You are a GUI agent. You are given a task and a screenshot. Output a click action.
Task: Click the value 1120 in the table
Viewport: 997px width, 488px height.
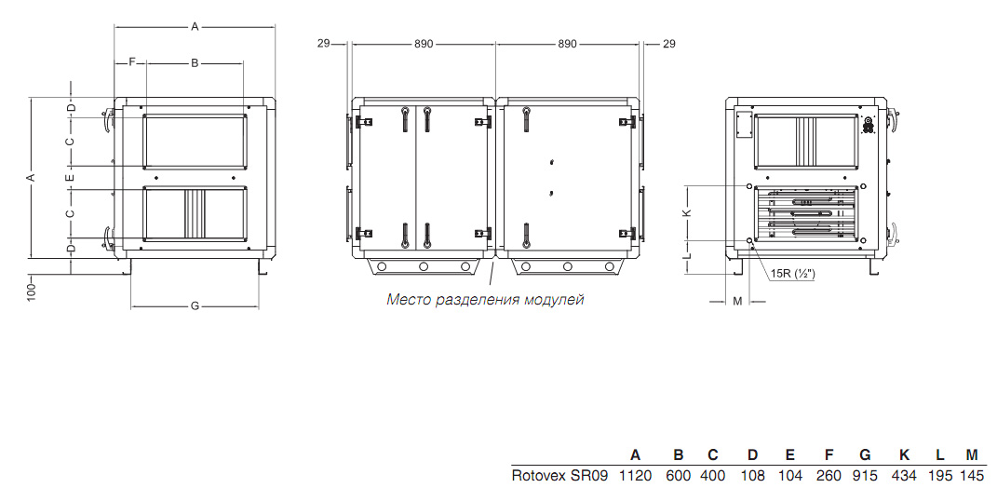pyautogui.click(x=635, y=475)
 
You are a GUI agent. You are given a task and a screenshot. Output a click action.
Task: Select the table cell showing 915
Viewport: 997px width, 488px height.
pyautogui.click(x=865, y=475)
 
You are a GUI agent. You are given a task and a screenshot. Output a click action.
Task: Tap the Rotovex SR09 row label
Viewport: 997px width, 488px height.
pyautogui.click(x=560, y=475)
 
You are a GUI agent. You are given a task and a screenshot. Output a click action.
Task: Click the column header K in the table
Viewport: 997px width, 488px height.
pyautogui.click(x=904, y=454)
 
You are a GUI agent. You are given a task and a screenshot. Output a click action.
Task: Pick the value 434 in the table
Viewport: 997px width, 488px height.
pyautogui.click(x=904, y=475)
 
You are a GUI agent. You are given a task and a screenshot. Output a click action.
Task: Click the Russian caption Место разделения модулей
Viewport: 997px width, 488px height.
pyautogui.click(x=485, y=300)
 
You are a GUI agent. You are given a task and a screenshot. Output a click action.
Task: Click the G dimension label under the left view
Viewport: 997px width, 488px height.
pyautogui.click(x=195, y=306)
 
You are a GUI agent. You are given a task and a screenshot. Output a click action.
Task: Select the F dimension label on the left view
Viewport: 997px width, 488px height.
pyautogui.click(x=132, y=62)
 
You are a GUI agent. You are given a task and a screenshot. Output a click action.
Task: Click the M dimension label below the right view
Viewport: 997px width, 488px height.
pyautogui.click(x=737, y=301)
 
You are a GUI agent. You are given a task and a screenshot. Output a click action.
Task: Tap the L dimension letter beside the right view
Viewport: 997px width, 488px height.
pyautogui.click(x=687, y=256)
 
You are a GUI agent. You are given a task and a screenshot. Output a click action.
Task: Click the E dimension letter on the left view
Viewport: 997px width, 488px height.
pyautogui.click(x=71, y=177)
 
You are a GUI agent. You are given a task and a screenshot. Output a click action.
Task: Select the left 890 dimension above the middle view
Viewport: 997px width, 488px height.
pyautogui.click(x=424, y=44)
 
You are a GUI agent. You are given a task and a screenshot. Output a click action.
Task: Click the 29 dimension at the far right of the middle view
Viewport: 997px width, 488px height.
pyautogui.click(x=669, y=44)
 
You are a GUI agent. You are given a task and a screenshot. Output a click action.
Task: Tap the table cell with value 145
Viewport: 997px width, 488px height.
pyautogui.click(x=971, y=475)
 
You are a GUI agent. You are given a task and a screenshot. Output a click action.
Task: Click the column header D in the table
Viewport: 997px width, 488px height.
pyautogui.click(x=753, y=454)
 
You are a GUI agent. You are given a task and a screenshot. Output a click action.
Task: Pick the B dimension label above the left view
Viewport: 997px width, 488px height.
pyautogui.click(x=195, y=62)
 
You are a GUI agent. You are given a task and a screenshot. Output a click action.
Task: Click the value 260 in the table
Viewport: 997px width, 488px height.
pyautogui.click(x=829, y=475)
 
